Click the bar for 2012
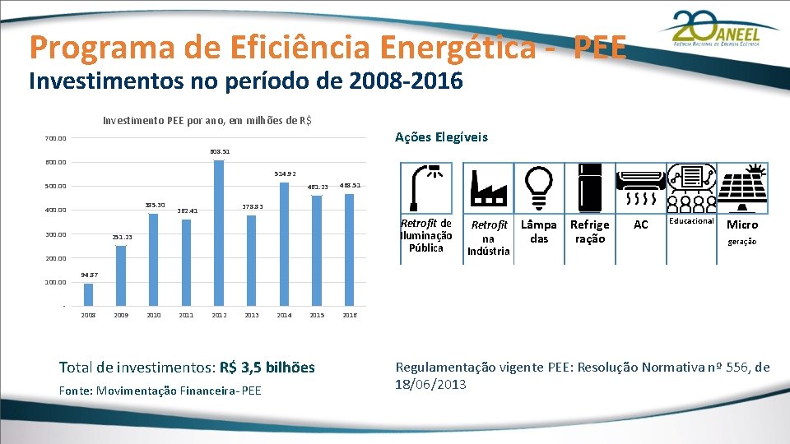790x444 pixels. pyautogui.click(x=219, y=234)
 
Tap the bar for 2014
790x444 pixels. pyautogui.click(x=284, y=245)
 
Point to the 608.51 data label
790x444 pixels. pyautogui.click(x=220, y=152)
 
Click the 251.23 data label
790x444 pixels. pyautogui.click(x=122, y=238)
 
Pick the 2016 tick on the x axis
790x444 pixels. pyautogui.click(x=349, y=315)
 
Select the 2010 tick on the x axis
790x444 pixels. pyautogui.click(x=154, y=315)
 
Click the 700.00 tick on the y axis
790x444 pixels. pyautogui.click(x=56, y=138)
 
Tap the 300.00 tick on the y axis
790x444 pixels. pyautogui.click(x=56, y=234)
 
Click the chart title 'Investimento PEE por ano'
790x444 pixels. pyautogui.click(x=206, y=121)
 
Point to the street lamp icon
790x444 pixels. pyautogui.click(x=426, y=187)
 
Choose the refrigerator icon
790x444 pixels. pyautogui.click(x=590, y=187)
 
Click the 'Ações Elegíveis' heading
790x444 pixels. pyautogui.click(x=441, y=137)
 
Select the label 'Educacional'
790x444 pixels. pyautogui.click(x=691, y=221)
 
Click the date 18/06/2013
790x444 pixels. pyautogui.click(x=431, y=384)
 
